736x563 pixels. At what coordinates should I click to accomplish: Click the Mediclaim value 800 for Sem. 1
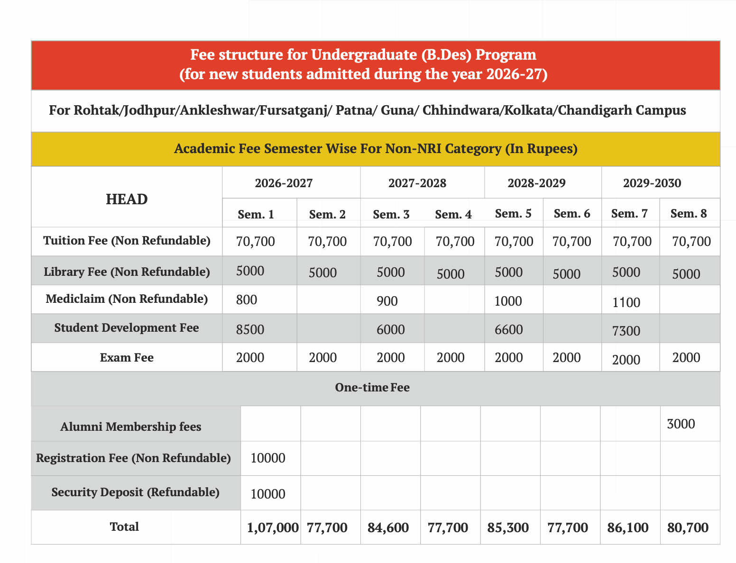247,300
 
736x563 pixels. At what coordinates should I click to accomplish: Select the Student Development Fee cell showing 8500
250,329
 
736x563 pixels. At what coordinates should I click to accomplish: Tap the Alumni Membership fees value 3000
681,424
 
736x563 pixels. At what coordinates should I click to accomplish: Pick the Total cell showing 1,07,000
273,527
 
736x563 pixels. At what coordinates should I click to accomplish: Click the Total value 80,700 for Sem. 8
688,527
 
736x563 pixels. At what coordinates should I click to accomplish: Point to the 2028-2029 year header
536,183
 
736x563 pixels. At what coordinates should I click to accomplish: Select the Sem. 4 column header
453,215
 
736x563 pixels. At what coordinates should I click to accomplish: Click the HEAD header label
127,200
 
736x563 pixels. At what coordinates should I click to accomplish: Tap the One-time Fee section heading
372,388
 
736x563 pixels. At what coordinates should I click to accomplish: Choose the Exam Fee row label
127,357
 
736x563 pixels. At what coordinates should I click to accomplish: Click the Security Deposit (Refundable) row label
135,492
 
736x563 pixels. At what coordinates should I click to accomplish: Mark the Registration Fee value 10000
268,458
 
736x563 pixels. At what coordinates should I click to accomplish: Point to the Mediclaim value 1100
626,302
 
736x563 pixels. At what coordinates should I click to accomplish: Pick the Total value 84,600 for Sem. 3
388,527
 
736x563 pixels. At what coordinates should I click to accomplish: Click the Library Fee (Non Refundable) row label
127,272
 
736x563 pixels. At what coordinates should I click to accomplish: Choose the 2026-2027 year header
284,183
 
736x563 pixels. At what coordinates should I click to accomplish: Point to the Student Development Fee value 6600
508,329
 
